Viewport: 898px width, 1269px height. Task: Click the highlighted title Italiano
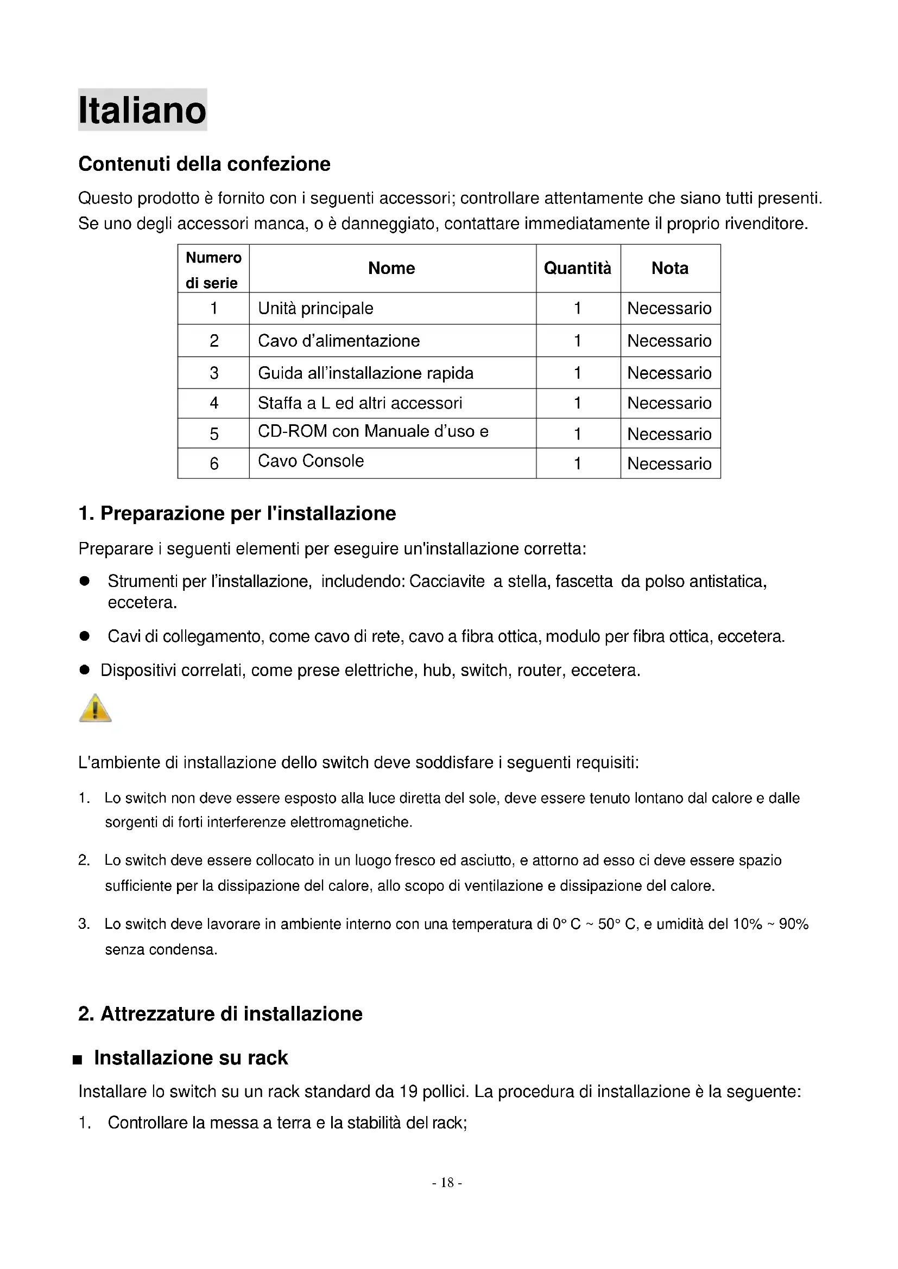(x=142, y=110)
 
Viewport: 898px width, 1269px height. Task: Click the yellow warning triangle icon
(x=95, y=708)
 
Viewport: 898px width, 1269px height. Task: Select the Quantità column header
(x=577, y=268)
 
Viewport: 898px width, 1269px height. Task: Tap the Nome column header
(x=391, y=268)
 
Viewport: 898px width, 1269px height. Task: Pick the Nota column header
(x=669, y=268)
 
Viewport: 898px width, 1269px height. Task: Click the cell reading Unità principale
(x=316, y=308)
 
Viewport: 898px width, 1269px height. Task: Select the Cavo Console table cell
(x=311, y=461)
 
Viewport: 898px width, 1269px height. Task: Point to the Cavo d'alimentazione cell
(x=338, y=341)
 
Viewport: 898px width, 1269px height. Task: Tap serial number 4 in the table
(x=214, y=403)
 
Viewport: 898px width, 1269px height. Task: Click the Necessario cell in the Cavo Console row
(x=669, y=463)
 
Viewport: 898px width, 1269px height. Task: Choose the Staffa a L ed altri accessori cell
(x=360, y=403)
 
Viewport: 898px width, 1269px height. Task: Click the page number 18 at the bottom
(x=447, y=1182)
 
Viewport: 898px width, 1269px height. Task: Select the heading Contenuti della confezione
(x=204, y=164)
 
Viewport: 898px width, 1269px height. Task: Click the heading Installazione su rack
(x=191, y=1057)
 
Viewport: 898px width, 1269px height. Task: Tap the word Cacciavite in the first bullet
(x=447, y=581)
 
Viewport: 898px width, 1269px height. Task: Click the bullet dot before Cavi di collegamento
(x=85, y=636)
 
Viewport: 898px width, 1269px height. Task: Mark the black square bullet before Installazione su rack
(x=78, y=1060)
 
